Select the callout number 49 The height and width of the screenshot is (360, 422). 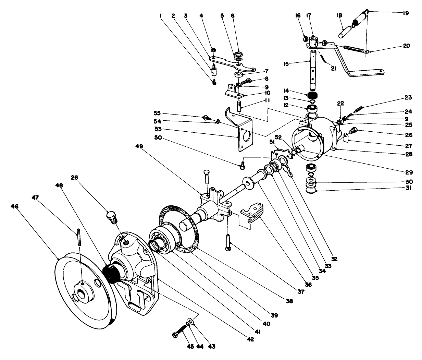[141, 146]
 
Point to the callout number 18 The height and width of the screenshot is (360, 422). [340, 16]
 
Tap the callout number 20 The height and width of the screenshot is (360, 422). [406, 46]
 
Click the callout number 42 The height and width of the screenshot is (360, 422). [251, 339]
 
